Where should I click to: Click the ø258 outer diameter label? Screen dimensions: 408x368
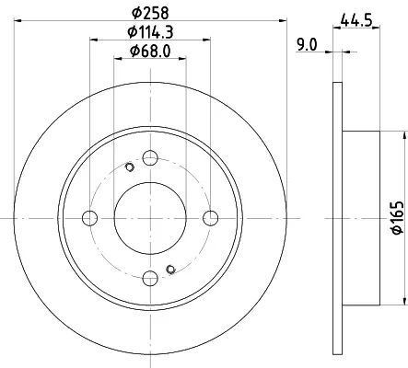click(150, 13)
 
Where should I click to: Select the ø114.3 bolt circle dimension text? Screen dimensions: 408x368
click(150, 32)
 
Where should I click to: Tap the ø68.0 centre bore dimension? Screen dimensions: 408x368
click(150, 51)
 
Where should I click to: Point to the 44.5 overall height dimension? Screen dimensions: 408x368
click(356, 20)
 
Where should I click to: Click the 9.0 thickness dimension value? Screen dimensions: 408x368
click(307, 45)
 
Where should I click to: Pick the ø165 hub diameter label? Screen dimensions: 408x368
click(398, 217)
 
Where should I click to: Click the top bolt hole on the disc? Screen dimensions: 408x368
click(150, 158)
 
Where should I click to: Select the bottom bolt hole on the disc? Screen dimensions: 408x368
click(150, 279)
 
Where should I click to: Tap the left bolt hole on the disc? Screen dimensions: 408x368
click(90, 218)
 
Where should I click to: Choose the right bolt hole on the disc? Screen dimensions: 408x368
click(211, 218)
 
